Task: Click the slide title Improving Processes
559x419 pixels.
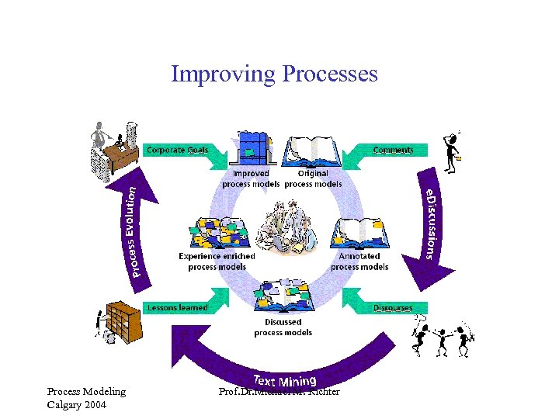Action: [x=274, y=74]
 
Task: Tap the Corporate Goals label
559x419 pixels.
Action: [x=177, y=150]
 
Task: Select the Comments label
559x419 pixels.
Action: [x=393, y=150]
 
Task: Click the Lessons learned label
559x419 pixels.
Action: [x=178, y=307]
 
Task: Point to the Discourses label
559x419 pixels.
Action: [x=393, y=307]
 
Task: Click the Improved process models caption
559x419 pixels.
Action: [x=250, y=179]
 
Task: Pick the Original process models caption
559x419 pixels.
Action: [x=313, y=179]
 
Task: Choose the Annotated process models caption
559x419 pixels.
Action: [x=359, y=261]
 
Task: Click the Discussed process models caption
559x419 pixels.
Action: [x=283, y=327]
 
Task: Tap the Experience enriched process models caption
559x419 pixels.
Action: [x=217, y=261]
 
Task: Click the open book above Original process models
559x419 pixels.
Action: [x=313, y=151]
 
